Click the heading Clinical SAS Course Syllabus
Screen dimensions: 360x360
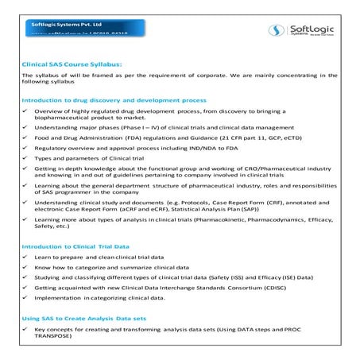click(x=72, y=64)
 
